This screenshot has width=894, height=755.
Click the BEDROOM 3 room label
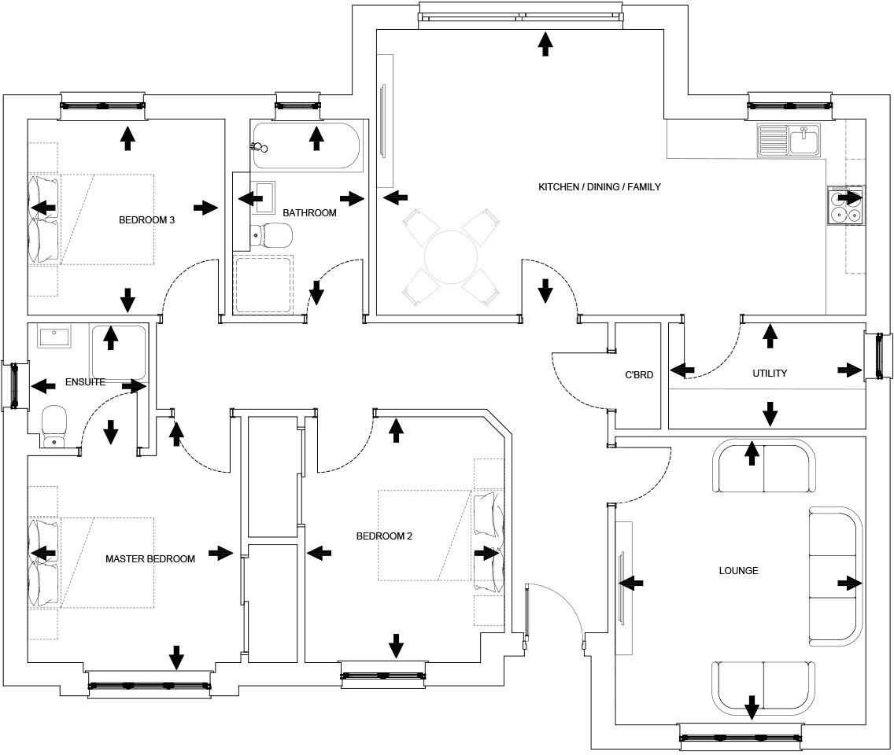coord(146,220)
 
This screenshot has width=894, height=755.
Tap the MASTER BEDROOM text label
coord(150,559)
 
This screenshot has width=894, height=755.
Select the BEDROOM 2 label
coord(384,536)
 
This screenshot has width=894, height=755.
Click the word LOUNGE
coord(738,570)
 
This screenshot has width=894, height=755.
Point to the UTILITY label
coord(769,374)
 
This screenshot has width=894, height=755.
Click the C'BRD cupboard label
coord(638,375)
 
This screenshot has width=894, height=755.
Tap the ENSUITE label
coord(85,382)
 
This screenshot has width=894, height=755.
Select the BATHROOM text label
coord(309,213)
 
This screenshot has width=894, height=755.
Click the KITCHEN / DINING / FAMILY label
coord(599,187)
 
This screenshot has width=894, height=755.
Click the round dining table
coord(451,257)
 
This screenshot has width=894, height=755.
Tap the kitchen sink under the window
coord(789,141)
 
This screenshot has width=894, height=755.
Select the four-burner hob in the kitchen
coord(846,206)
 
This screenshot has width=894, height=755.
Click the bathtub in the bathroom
coord(307,147)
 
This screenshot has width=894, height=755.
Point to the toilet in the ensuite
coord(54,425)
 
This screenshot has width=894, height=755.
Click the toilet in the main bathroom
coord(271,234)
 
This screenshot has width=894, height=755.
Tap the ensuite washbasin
coord(54,337)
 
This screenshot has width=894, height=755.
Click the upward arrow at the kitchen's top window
coord(545,44)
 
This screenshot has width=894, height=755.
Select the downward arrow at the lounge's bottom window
coord(752,707)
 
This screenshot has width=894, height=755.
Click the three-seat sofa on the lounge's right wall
coord(836,576)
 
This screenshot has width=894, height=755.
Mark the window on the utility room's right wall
coord(877,356)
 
